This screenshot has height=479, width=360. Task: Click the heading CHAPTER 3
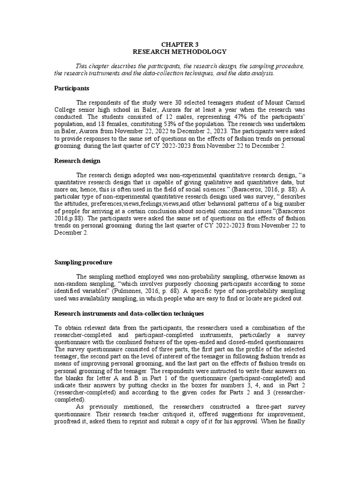[180, 44]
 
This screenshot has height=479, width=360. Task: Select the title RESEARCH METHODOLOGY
[180, 51]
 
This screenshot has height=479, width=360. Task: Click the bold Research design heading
[77, 161]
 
